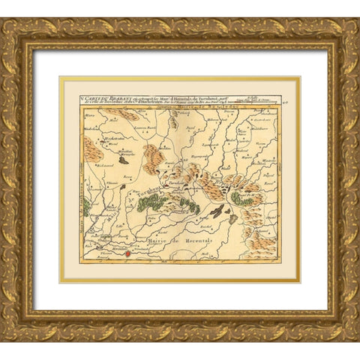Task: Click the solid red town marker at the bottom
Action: [x=127, y=254]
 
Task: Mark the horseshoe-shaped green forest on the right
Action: [x=242, y=198]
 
